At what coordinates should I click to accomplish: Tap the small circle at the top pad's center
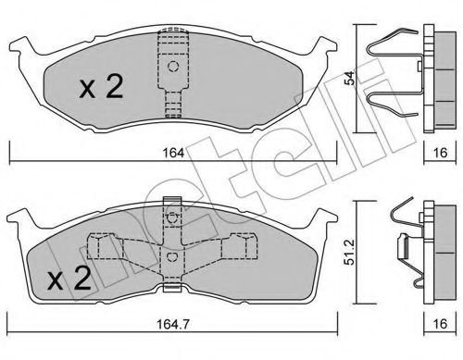(x=172, y=68)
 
